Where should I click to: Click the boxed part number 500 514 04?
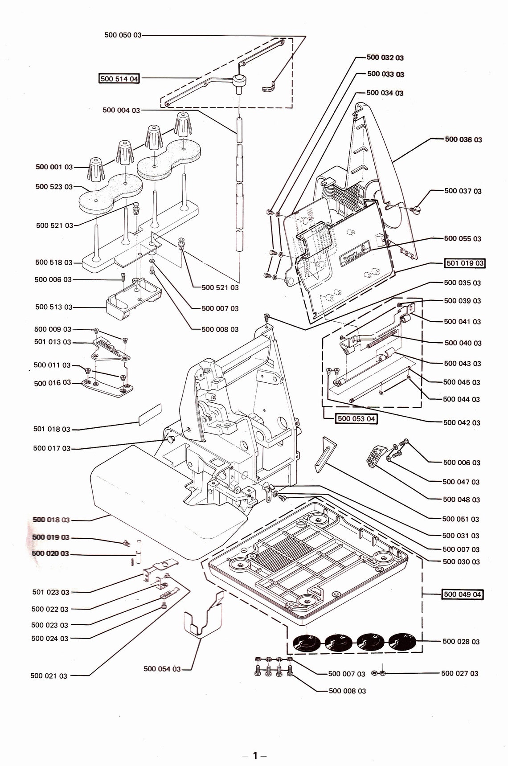coord(119,79)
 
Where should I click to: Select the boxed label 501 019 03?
coord(465,263)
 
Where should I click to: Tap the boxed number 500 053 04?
coord(356,418)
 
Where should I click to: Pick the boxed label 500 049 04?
coord(463,594)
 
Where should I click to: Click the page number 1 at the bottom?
coord(255,755)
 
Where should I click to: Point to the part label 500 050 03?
coord(123,35)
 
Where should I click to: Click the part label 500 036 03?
coord(463,139)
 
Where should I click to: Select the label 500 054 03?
coord(162,669)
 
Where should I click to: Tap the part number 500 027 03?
coord(459,673)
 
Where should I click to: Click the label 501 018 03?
coord(52,429)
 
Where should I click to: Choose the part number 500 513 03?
coord(53,307)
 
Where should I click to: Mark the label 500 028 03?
coord(461,642)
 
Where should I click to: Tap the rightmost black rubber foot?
coord(402,642)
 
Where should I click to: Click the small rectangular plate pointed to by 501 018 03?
coord(149,414)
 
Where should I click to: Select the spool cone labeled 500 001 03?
coord(97,169)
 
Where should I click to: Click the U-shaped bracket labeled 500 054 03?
coord(203,617)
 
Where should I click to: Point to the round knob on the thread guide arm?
coord(240,81)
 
